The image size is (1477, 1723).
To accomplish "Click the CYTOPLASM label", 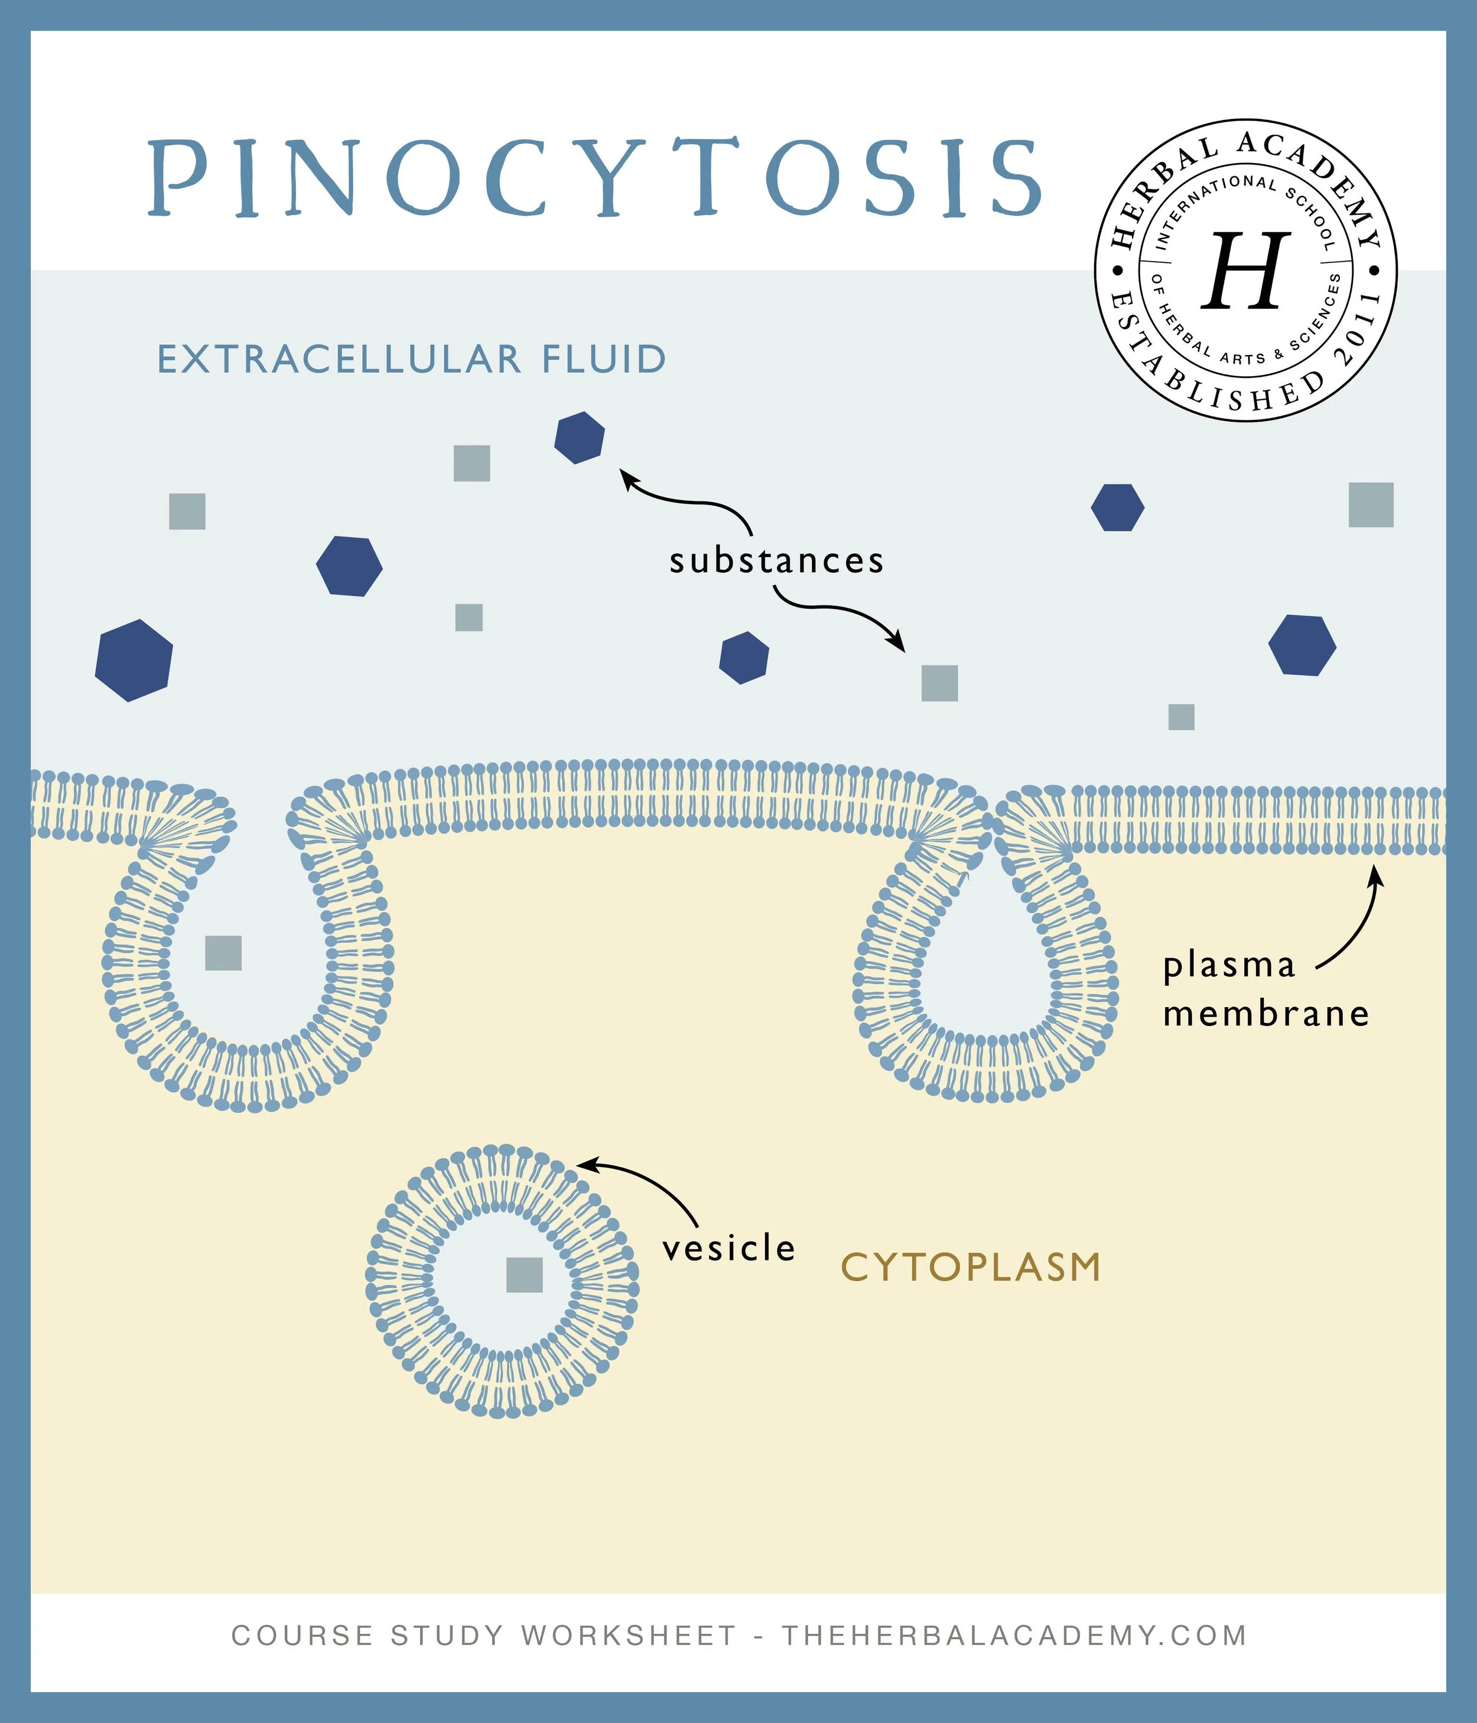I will pos(971,1268).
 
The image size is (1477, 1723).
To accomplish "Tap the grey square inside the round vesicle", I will pos(525,1275).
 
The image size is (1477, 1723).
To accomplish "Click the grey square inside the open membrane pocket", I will pos(223,953).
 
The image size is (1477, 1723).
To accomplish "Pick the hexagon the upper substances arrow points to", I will pos(580,438).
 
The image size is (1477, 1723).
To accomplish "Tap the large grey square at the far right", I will pos(1371,505).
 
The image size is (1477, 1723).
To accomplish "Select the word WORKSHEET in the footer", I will pos(628,1635).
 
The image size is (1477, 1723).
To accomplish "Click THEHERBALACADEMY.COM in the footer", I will pos(1014,1635).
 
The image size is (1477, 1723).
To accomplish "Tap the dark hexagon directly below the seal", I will pos(1117,507).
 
